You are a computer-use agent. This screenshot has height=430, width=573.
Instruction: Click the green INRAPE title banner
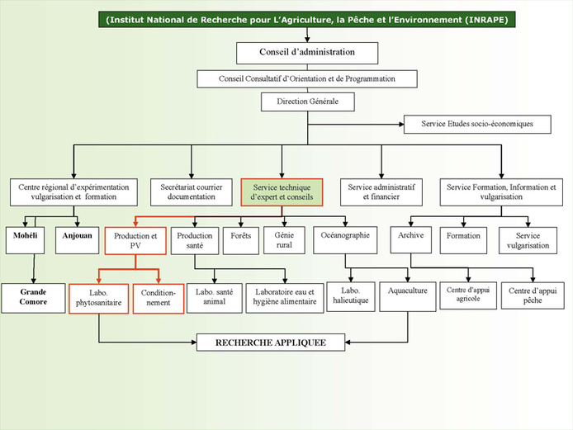click(307, 20)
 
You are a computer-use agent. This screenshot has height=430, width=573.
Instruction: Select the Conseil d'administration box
click(307, 52)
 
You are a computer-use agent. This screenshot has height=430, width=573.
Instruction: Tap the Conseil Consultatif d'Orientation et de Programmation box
click(307, 78)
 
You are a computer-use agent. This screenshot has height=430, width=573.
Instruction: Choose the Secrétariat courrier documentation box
click(192, 192)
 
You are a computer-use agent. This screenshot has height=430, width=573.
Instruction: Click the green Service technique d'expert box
click(281, 192)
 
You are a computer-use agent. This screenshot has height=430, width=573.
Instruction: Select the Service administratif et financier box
click(381, 192)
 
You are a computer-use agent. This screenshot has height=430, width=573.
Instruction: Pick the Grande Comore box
click(33, 297)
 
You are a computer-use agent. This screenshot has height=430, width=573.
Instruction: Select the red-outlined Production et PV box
click(135, 241)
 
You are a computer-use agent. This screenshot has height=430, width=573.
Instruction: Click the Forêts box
click(241, 238)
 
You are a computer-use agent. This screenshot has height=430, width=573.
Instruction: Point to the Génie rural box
click(284, 240)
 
